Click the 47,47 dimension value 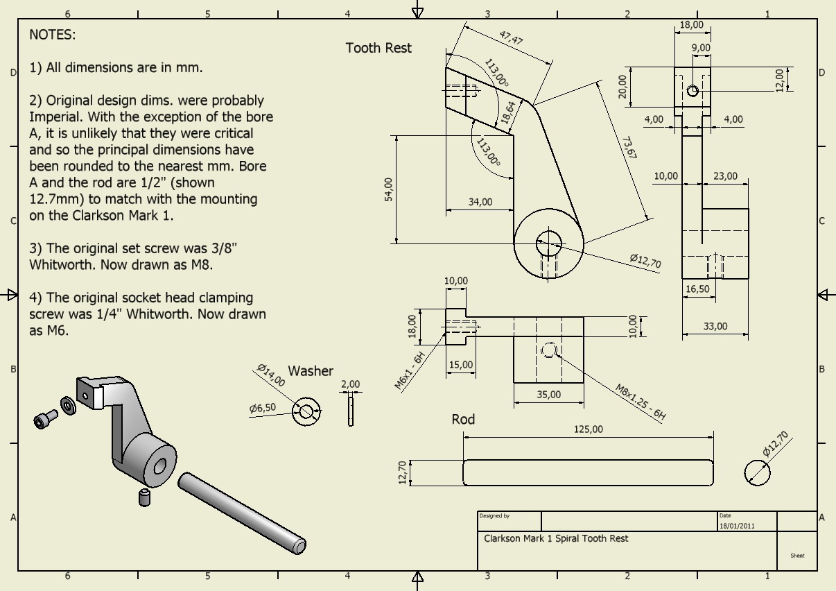click(x=510, y=37)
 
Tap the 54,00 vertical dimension click(x=388, y=189)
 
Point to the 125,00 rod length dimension click(x=588, y=429)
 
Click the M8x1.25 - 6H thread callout click(x=641, y=403)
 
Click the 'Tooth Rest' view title click(x=378, y=48)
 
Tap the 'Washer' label click(x=311, y=371)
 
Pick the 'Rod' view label click(x=463, y=419)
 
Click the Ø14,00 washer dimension click(x=271, y=375)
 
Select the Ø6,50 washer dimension click(x=263, y=409)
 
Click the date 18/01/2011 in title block click(x=737, y=525)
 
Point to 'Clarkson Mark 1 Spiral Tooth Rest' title click(x=556, y=538)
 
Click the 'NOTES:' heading click(x=53, y=35)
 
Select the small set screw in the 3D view click(x=144, y=497)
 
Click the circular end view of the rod click(x=757, y=473)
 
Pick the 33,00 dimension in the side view click(x=715, y=326)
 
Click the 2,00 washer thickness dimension click(x=351, y=384)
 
